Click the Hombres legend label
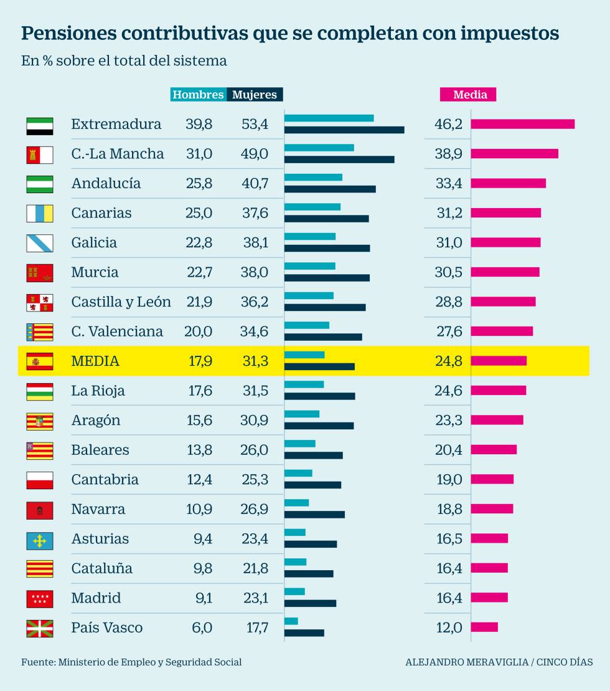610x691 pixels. click(198, 95)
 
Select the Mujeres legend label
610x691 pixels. click(255, 95)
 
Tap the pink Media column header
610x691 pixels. click(467, 95)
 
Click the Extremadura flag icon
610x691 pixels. click(40, 125)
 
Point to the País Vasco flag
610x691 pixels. click(40, 628)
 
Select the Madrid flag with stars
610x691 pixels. click(40, 599)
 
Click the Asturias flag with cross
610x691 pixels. click(40, 540)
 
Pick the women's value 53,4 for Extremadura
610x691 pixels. click(255, 124)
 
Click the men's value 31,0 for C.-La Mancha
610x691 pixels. click(199, 154)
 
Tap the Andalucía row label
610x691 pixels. click(106, 183)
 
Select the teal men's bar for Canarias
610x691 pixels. click(312, 207)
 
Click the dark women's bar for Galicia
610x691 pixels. click(327, 248)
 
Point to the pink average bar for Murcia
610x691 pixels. click(505, 272)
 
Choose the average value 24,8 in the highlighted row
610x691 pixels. click(449, 361)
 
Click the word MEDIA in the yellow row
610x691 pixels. click(95, 361)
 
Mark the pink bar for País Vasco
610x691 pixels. click(484, 627)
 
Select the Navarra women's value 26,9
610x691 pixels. click(254, 509)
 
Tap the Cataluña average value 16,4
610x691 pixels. click(449, 568)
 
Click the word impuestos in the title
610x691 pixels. click(509, 32)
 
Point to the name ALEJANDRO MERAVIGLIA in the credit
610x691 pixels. click(466, 662)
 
